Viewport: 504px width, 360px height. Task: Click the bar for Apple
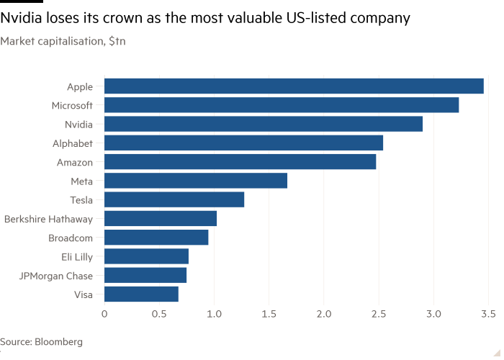click(x=294, y=86)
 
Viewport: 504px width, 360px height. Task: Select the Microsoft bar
click(x=282, y=105)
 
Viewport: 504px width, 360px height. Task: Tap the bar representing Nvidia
click(x=264, y=124)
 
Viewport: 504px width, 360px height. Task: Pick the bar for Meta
click(x=196, y=181)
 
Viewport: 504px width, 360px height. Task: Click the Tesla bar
click(x=174, y=199)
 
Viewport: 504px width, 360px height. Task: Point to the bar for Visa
click(x=141, y=294)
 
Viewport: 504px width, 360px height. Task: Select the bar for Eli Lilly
click(x=146, y=256)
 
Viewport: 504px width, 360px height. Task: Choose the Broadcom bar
click(x=156, y=238)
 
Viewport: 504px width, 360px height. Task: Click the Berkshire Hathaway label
click(x=53, y=218)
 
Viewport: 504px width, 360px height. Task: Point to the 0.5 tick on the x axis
click(x=159, y=315)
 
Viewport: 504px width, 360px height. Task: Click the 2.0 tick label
click(x=323, y=315)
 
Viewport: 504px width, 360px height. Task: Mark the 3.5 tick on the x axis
click(x=488, y=315)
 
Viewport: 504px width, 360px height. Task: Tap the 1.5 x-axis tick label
click(x=269, y=315)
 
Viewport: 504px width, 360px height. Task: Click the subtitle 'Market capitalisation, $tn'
click(x=63, y=42)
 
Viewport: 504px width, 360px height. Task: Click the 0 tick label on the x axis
click(x=104, y=315)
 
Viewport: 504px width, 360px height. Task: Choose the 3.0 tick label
click(x=433, y=315)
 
